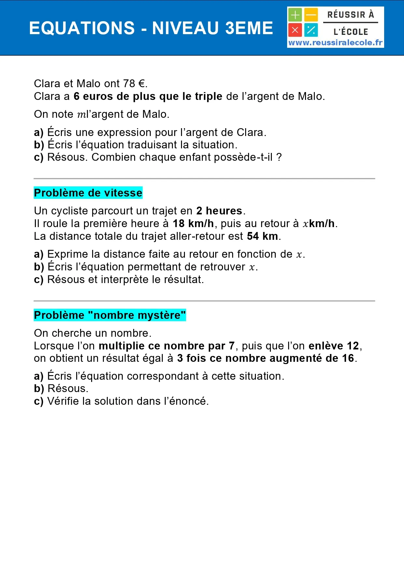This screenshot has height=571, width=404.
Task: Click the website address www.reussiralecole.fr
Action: click(335, 43)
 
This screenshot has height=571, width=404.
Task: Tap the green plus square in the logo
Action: click(295, 15)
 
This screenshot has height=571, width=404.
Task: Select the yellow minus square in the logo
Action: click(311, 15)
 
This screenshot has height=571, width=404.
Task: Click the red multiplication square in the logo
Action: click(295, 30)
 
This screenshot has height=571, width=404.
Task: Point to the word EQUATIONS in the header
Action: click(82, 28)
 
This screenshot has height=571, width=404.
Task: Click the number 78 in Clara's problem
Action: click(129, 84)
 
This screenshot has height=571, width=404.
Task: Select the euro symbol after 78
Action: click(141, 84)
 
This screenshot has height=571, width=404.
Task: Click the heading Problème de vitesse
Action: click(88, 193)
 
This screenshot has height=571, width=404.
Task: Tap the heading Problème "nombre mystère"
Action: click(110, 315)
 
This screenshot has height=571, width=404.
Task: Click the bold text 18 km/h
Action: click(193, 224)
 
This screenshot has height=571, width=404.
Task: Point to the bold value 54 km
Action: click(262, 236)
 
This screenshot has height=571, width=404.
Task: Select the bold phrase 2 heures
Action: click(219, 211)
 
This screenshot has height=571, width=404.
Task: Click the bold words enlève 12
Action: click(334, 346)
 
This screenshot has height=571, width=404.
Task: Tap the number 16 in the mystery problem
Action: click(348, 358)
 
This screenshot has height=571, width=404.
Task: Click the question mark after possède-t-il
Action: click(279, 157)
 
